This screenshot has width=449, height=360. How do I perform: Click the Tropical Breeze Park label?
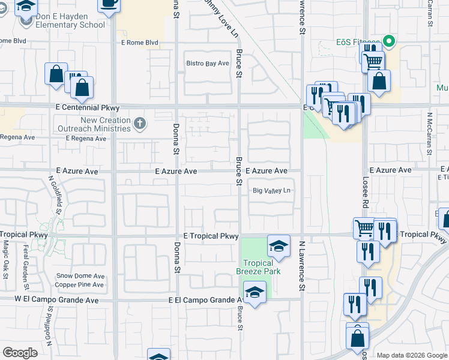(x=258, y=267)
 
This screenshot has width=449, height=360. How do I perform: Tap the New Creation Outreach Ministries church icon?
(x=140, y=124)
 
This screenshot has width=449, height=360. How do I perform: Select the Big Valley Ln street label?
(x=271, y=191)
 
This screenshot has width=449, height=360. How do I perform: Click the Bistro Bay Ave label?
(x=208, y=63)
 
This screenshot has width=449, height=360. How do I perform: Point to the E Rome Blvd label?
(x=139, y=43)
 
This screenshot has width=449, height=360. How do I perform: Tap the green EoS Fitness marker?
(x=389, y=42)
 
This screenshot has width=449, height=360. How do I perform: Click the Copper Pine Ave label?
(x=80, y=283)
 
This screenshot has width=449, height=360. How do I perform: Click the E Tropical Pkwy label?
(x=211, y=236)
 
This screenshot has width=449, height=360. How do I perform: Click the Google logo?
(x=20, y=353)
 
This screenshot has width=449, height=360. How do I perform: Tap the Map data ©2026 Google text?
(x=411, y=355)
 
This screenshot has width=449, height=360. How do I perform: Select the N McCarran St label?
(x=430, y=133)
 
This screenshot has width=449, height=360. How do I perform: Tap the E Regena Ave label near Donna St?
(x=86, y=139)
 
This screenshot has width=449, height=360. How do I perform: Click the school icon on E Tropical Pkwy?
(x=279, y=245)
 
